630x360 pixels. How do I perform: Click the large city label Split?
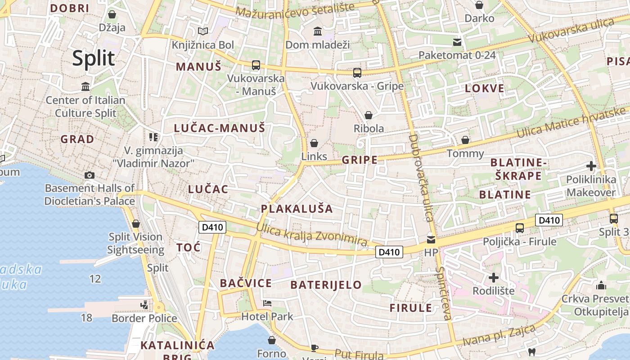94,58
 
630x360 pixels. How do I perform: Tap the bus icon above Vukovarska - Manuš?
256,65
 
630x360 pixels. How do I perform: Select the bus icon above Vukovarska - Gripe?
357,72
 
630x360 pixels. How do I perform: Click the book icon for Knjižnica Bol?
203,31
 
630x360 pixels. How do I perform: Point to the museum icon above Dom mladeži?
318,31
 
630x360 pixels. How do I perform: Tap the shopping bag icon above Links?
314,143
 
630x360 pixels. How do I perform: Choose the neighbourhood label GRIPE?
360,160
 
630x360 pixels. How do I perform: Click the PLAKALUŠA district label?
297,209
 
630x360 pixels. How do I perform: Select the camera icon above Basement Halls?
90,175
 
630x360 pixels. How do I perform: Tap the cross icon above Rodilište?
494,277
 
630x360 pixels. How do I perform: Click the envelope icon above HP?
431,239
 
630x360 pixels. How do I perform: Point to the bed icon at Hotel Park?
267,303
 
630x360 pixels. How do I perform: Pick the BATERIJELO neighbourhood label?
326,285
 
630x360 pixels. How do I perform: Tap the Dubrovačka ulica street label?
421,178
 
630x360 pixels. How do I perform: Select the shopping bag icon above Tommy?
465,140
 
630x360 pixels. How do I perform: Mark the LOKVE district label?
485,88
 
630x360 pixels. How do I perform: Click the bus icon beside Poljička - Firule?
520,228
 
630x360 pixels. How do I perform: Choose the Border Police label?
144,319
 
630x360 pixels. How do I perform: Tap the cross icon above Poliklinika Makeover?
591,166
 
